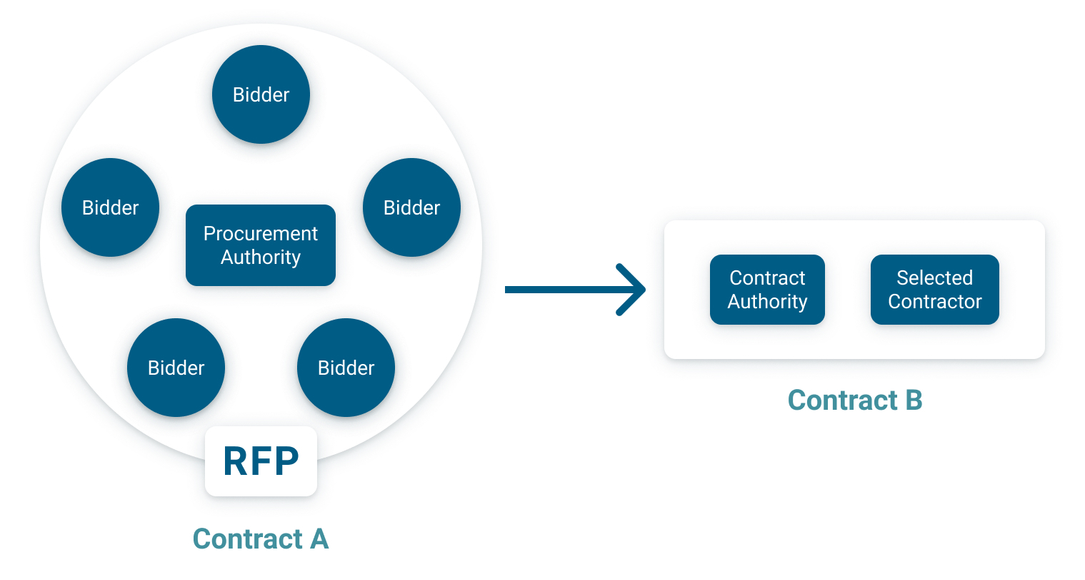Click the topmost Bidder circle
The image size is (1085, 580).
point(261,94)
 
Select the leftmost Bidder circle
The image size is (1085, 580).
point(111,207)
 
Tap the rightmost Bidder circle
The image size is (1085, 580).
point(411,207)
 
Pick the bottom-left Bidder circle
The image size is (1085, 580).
point(176,368)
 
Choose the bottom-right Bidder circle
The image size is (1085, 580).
point(346,368)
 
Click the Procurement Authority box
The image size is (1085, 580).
point(261,245)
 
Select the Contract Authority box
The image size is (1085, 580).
point(767,290)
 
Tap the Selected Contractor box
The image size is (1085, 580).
point(935,290)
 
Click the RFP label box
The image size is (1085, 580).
point(261,461)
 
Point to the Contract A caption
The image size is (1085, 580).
point(261,539)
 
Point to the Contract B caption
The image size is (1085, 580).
point(855,400)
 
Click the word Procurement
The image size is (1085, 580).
point(261,234)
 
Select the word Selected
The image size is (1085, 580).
point(935,278)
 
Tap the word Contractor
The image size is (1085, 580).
point(935,302)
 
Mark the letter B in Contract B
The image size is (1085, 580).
point(914,400)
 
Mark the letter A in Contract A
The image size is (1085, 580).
point(319,539)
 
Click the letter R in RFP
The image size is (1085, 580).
point(235,461)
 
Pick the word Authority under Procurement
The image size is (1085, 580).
point(261,257)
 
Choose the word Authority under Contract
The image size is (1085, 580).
point(767,302)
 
